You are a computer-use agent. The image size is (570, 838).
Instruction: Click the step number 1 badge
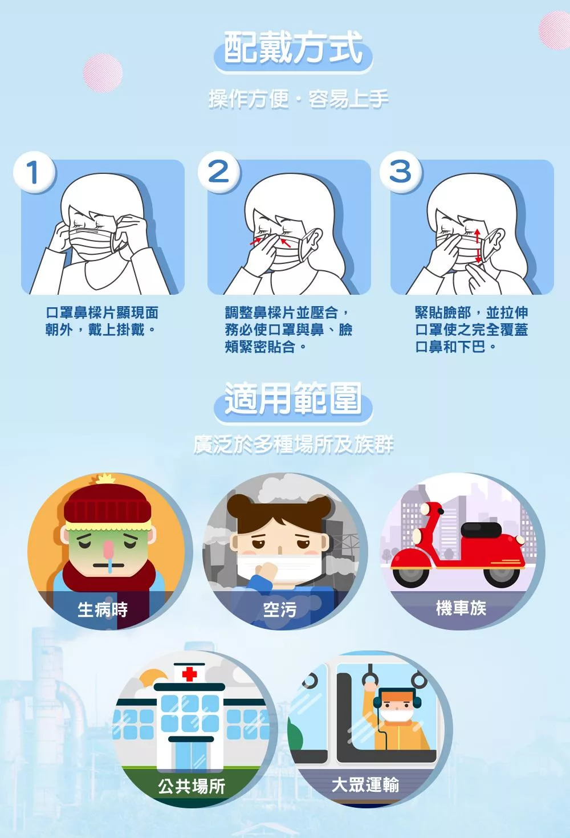(34, 173)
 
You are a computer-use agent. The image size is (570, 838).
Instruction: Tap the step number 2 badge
(219, 173)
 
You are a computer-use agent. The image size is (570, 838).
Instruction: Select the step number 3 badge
(401, 173)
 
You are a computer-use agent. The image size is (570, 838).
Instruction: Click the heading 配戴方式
(293, 47)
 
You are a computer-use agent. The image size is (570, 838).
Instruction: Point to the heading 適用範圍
(293, 398)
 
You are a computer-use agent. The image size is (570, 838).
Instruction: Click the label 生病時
(103, 609)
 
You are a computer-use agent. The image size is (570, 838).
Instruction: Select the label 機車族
(461, 608)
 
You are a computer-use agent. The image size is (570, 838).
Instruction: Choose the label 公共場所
(192, 786)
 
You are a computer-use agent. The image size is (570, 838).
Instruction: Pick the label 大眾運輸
(365, 784)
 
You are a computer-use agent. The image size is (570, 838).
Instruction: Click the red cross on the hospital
(190, 674)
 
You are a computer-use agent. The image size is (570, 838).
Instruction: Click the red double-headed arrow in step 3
(478, 246)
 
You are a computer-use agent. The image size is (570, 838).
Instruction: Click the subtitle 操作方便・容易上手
(298, 100)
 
